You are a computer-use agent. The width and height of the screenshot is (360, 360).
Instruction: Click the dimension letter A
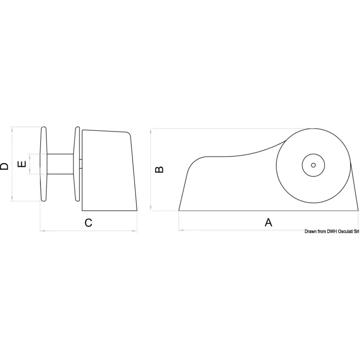268,222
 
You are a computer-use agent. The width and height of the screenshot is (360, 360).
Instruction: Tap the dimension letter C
89,222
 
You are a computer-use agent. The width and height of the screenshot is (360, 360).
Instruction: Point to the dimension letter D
4,166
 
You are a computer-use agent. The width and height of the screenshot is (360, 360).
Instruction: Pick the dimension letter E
21,165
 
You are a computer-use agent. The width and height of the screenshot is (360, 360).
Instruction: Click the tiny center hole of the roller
312,165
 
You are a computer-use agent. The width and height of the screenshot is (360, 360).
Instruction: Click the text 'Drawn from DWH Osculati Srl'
331,231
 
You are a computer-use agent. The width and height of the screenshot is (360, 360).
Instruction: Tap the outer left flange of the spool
44,164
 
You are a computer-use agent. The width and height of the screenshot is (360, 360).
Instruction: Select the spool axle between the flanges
61,164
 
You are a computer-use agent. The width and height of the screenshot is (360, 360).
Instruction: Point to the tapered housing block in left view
108,171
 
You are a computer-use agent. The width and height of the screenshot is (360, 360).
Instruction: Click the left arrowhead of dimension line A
180,231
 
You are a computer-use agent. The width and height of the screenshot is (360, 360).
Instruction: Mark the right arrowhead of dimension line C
136,232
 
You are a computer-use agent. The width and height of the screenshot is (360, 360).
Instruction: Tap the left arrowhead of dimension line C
42,232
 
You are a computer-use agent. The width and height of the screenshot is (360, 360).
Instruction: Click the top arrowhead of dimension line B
152,130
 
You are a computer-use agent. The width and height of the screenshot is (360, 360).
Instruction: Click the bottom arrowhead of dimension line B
152,209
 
